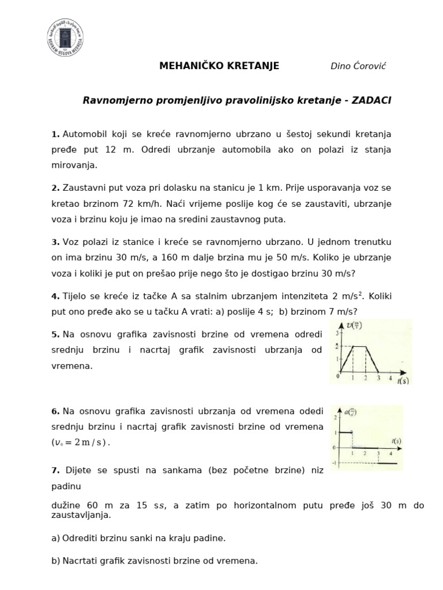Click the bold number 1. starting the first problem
pyautogui.click(x=55, y=134)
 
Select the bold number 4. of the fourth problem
pyautogui.click(x=55, y=296)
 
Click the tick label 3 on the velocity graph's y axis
pyautogui.click(x=336, y=332)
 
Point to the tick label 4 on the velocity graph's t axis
pyautogui.click(x=391, y=378)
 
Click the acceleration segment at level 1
pyautogui.click(x=344, y=432)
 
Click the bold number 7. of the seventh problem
pyautogui.click(x=55, y=470)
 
